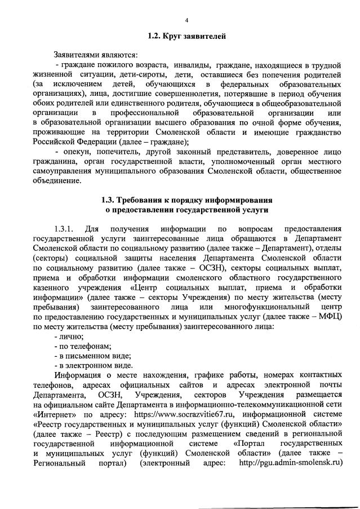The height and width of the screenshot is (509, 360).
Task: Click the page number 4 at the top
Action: [186, 21]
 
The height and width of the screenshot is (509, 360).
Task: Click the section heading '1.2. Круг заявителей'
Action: [186, 37]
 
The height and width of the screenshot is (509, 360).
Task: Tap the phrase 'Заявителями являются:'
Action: [95, 55]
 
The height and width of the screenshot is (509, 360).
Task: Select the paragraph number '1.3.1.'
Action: [66, 229]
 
